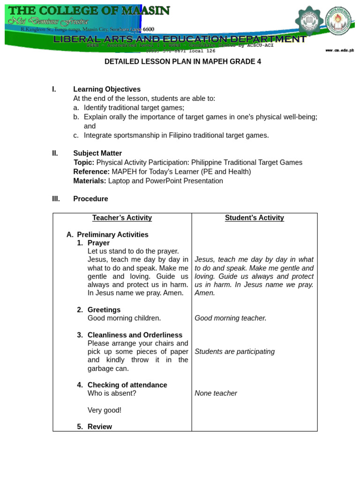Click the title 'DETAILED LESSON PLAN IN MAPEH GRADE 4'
click(x=182, y=62)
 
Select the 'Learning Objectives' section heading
click(x=107, y=89)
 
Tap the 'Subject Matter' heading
click(x=97, y=153)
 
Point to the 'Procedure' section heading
click(x=90, y=199)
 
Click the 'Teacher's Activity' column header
click(x=122, y=217)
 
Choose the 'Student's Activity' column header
click(x=255, y=217)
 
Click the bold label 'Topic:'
click(x=84, y=163)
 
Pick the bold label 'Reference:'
click(x=91, y=172)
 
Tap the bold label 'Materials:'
click(x=90, y=181)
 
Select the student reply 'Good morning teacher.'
click(x=231, y=318)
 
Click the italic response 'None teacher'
click(x=216, y=393)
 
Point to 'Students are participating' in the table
click(x=234, y=352)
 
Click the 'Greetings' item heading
click(x=104, y=310)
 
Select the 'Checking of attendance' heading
click(x=127, y=385)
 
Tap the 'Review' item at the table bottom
click(x=100, y=427)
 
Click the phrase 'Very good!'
click(x=105, y=410)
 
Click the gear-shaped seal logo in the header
click(x=308, y=21)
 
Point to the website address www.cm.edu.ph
click(x=339, y=50)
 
